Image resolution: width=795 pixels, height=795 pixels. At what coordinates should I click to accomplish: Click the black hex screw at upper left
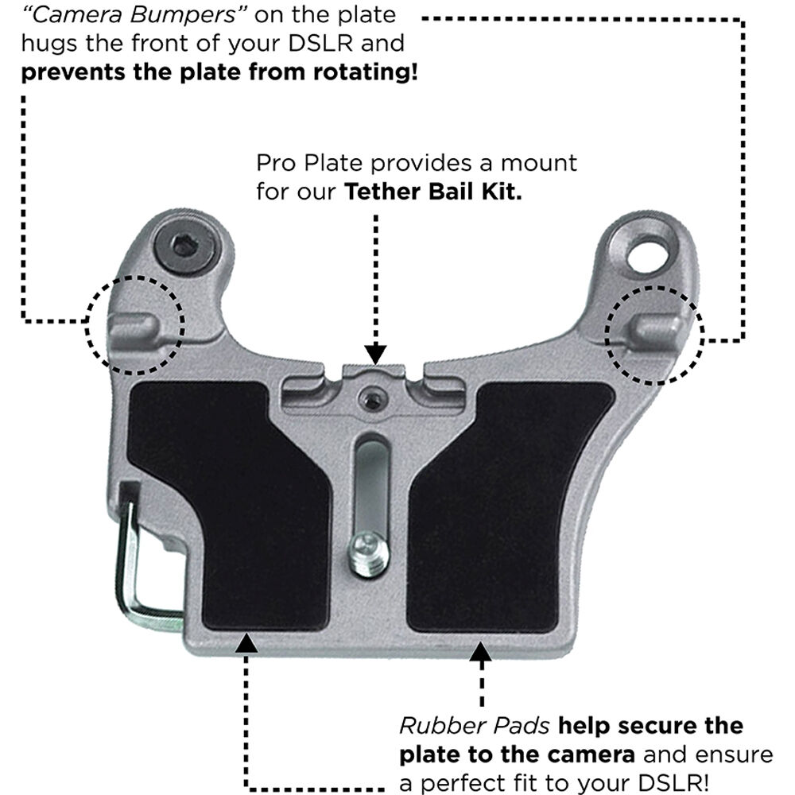click(x=185, y=246)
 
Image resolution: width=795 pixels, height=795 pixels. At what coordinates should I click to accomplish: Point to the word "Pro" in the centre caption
click(x=276, y=164)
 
